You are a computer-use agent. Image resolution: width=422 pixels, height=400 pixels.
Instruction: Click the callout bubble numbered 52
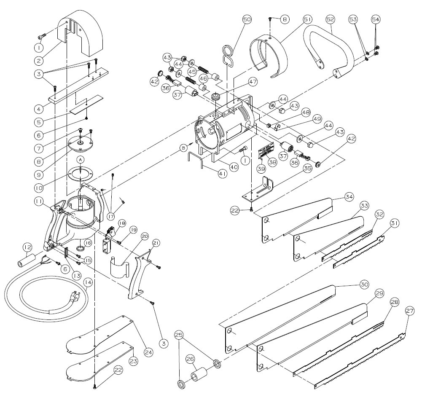330,20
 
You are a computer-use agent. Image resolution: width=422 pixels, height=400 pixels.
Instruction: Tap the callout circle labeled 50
247,19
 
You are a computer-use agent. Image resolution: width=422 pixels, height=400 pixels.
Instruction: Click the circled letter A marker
80,159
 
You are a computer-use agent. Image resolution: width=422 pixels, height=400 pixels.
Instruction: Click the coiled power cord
42,295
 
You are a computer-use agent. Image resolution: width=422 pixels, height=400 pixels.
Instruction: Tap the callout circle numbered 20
134,237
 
